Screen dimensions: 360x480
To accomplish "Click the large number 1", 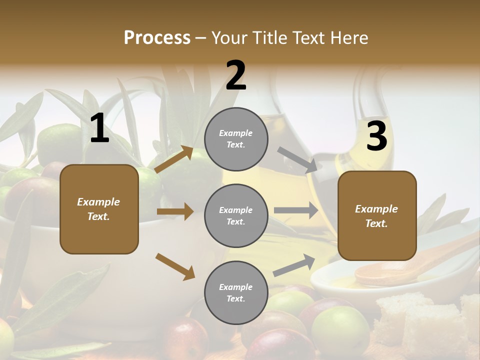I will [99, 129].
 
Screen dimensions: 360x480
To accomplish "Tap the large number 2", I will [235, 76].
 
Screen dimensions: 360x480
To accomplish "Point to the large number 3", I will [376, 137].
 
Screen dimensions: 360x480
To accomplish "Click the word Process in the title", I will [157, 37].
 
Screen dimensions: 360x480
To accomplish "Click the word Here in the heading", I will [348, 37].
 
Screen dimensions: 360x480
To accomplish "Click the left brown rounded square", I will [99, 209].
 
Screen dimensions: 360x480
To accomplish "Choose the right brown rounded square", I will [377, 215].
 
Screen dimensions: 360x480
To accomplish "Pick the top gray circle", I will [236, 139].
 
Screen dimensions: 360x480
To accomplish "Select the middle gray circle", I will [236, 215].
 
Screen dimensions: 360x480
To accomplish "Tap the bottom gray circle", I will [236, 292].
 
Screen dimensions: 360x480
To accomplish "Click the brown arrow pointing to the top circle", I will [174, 159].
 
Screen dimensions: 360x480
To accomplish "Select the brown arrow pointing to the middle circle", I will [175, 211].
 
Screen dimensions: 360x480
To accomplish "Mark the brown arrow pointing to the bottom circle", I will [175, 266].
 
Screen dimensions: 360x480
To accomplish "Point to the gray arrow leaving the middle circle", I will [296, 210].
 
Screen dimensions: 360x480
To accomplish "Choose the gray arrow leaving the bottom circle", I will [294, 265].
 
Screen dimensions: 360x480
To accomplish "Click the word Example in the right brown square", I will [376, 209].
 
